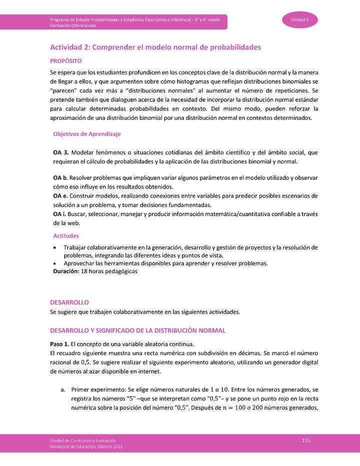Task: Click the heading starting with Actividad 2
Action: pyautogui.click(x=155, y=47)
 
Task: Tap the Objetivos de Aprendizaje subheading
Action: pyautogui.click(x=86, y=134)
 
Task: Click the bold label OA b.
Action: pyautogui.click(x=60, y=178)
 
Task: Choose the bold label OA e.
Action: pyautogui.click(x=60, y=195)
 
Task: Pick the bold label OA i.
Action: pyautogui.click(x=59, y=214)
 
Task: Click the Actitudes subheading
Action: pyautogui.click(x=66, y=235)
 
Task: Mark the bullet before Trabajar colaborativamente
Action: pyautogui.click(x=54, y=248)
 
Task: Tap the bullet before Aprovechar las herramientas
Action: pyautogui.click(x=54, y=263)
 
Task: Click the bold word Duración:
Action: pyautogui.click(x=66, y=271)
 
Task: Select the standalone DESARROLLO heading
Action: pyautogui.click(x=69, y=302)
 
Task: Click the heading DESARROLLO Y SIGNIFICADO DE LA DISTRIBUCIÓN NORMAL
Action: pyautogui.click(x=138, y=330)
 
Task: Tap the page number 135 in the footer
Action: pyautogui.click(x=306, y=439)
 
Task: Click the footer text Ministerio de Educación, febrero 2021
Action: pyautogui.click(x=86, y=446)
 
